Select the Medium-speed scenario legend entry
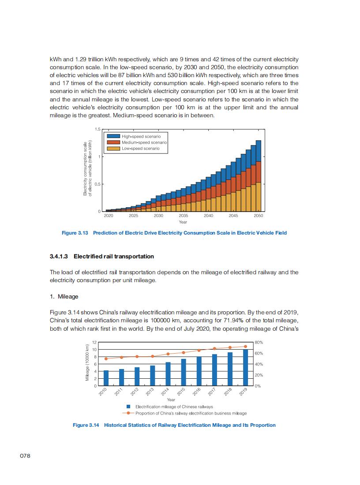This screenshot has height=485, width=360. click(144, 142)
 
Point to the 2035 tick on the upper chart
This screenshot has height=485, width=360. click(184, 216)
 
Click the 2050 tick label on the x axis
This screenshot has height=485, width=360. click(259, 216)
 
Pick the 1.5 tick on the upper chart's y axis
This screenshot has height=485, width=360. click(97, 129)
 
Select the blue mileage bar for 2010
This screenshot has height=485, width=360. click(106, 378)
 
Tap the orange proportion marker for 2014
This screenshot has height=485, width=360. click(168, 354)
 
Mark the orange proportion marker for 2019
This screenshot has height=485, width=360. click(245, 347)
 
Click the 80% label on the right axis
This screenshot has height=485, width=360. click(259, 342)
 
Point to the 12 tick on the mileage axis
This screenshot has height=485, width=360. click(94, 343)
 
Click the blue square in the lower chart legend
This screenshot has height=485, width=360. click(128, 407)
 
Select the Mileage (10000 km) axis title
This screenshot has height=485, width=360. click(88, 364)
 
